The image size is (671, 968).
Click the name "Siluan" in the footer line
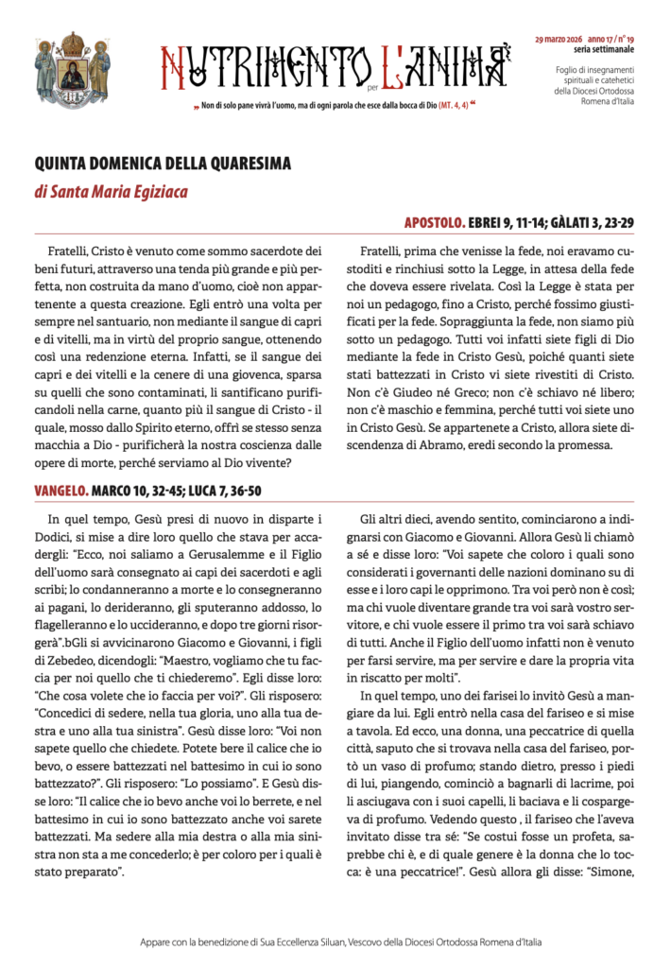(x=357, y=942)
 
